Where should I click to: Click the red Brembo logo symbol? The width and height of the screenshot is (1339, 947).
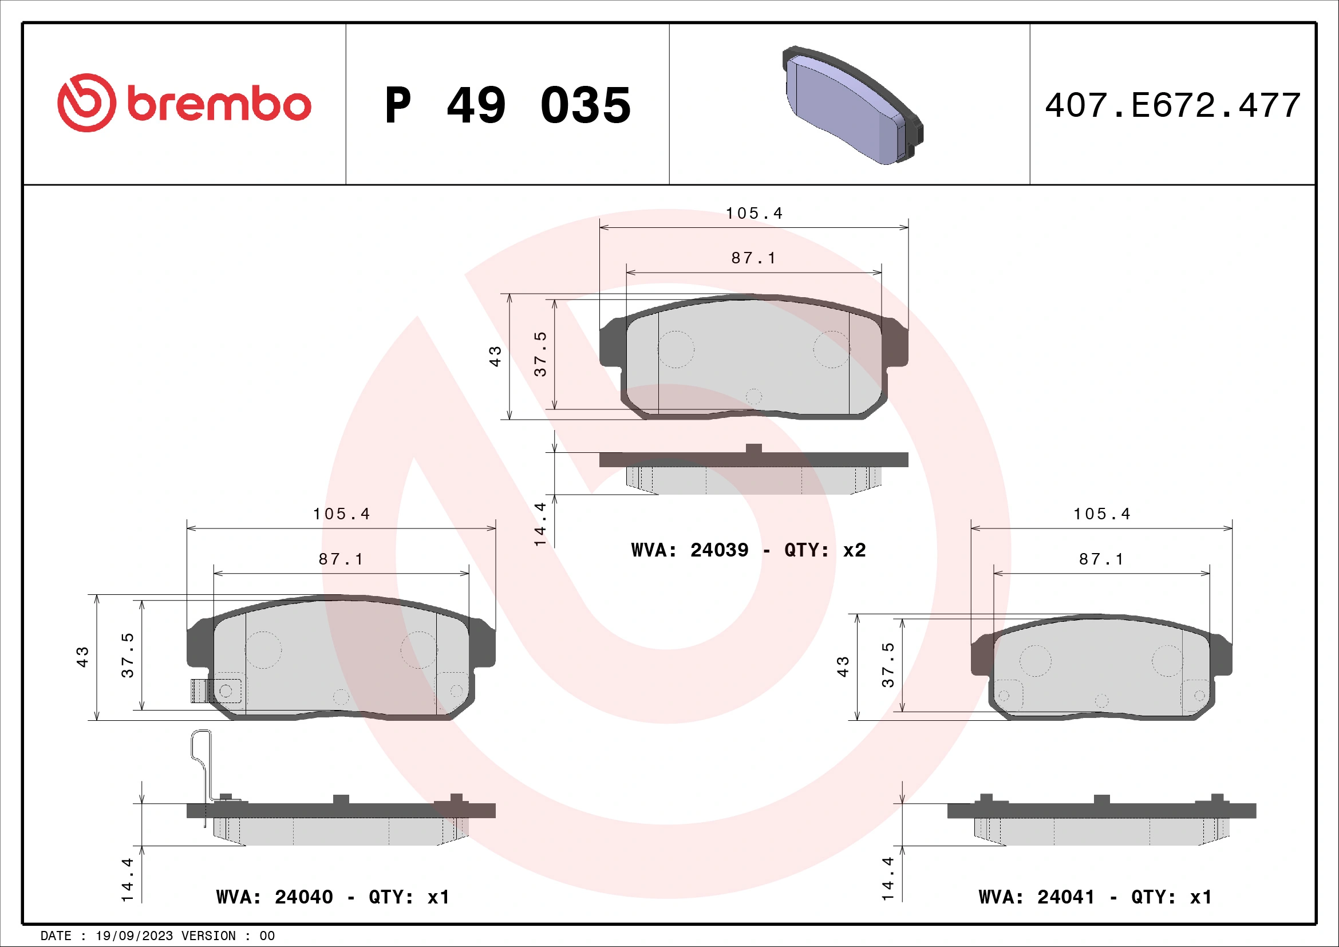pyautogui.click(x=86, y=102)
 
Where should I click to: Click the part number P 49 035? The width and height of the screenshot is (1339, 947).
pyautogui.click(x=507, y=105)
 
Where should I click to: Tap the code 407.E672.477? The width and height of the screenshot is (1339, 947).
pyautogui.click(x=1172, y=105)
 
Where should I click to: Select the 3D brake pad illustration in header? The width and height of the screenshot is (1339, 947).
pyautogui.click(x=852, y=105)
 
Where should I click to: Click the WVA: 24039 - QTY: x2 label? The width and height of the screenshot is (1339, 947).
pyautogui.click(x=748, y=550)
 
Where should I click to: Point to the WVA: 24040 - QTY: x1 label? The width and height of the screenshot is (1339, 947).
pyautogui.click(x=333, y=897)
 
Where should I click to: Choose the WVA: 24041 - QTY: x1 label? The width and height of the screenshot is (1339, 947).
pyautogui.click(x=1095, y=897)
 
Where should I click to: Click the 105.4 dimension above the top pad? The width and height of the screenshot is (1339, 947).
pyautogui.click(x=754, y=214)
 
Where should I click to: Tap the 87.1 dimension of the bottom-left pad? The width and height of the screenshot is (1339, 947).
pyautogui.click(x=341, y=559)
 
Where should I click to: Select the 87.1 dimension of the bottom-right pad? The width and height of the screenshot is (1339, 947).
pyautogui.click(x=1101, y=559)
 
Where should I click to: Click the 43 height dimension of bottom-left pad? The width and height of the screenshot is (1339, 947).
pyautogui.click(x=83, y=657)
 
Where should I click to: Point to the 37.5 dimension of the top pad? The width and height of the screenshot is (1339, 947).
pyautogui.click(x=540, y=354)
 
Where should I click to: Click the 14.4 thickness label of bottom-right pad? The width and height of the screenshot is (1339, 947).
pyautogui.click(x=888, y=879)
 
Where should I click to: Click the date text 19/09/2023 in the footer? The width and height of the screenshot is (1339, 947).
pyautogui.click(x=134, y=936)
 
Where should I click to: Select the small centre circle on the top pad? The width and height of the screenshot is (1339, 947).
pyautogui.click(x=753, y=397)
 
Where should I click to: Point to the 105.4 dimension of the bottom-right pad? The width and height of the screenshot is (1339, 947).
pyautogui.click(x=1101, y=514)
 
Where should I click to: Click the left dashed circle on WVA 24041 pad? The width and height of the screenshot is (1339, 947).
pyautogui.click(x=1035, y=661)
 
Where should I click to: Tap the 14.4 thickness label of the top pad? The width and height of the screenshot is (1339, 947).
pyautogui.click(x=540, y=524)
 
